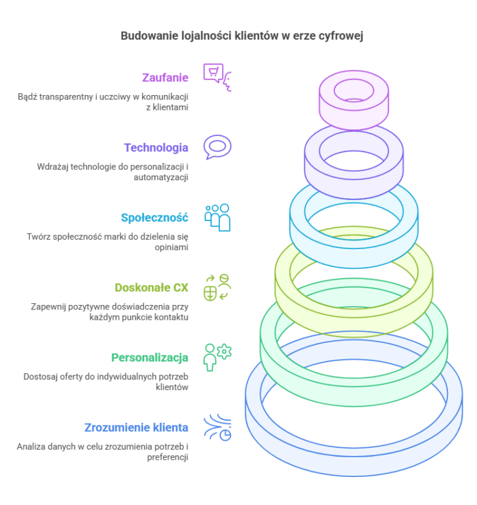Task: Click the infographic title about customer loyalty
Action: (x=242, y=36)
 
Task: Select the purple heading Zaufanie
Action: (x=165, y=78)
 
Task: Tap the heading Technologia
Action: (x=157, y=148)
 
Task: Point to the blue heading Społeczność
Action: (x=155, y=218)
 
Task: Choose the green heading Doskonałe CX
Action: (x=152, y=288)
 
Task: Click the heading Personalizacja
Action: (x=150, y=358)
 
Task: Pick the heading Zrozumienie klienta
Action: (x=136, y=428)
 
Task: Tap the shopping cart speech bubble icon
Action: (x=213, y=73)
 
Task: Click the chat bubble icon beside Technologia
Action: (x=217, y=147)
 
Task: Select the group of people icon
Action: (x=217, y=218)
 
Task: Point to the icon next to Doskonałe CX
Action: (x=217, y=287)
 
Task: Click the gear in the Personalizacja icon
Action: (x=224, y=352)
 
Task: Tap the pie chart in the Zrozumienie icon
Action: (x=225, y=435)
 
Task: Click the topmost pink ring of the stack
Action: (x=353, y=101)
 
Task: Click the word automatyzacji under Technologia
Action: (x=161, y=178)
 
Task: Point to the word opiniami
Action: (x=171, y=248)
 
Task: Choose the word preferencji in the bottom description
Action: (x=168, y=457)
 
